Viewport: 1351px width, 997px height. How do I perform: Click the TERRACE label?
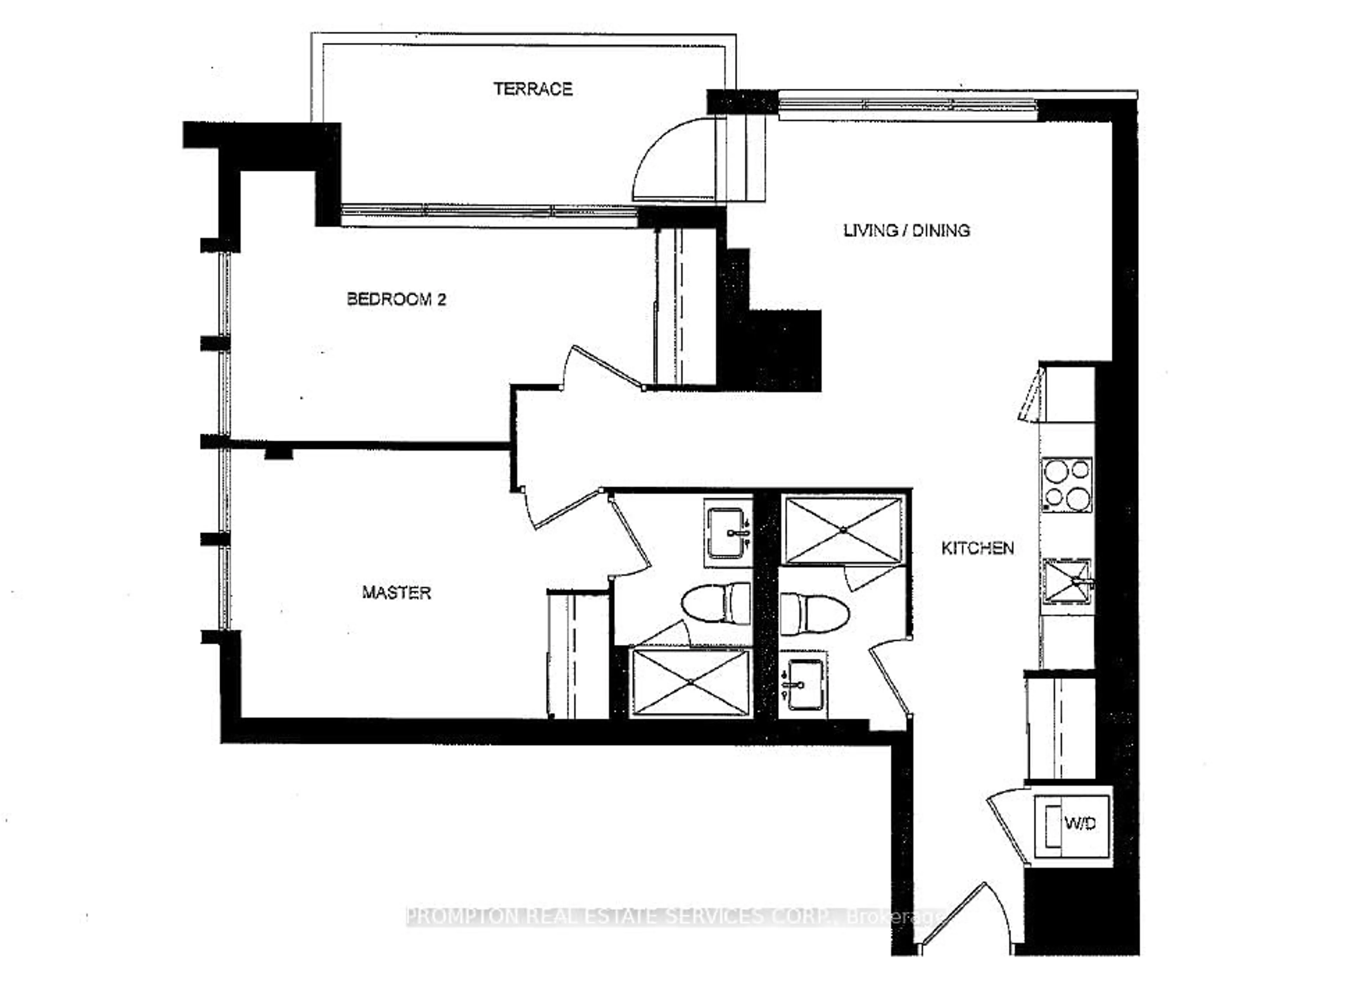coord(533,89)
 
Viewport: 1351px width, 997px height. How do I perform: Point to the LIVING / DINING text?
coord(906,231)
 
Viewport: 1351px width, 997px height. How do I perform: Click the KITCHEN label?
coord(977,548)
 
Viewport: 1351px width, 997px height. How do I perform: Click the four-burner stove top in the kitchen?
coord(1067,485)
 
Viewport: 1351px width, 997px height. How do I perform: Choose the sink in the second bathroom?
coord(804,684)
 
